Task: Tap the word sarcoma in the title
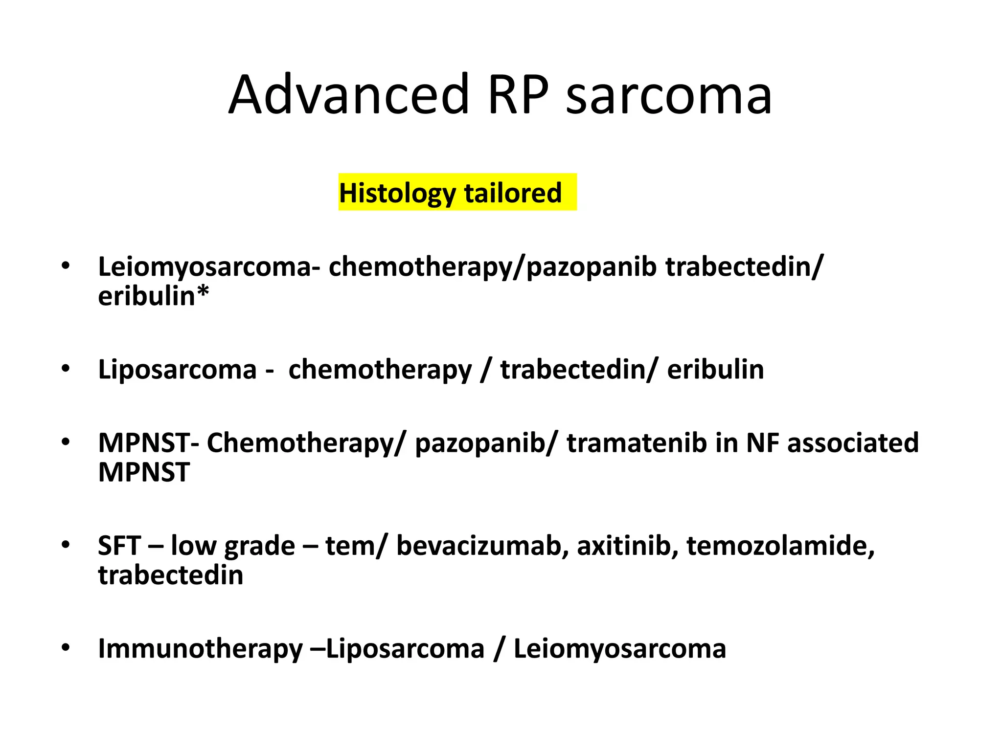[669, 96]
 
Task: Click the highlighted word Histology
[396, 193]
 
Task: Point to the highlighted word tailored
[513, 192]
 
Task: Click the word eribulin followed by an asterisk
[147, 296]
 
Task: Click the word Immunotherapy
[200, 649]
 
